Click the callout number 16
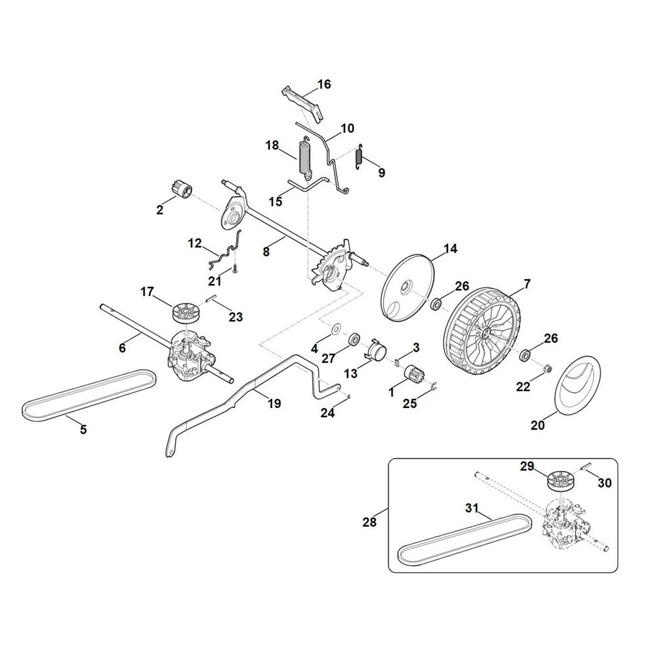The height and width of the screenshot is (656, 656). pyautogui.click(x=324, y=84)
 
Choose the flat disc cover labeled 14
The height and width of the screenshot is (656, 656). pyautogui.click(x=408, y=288)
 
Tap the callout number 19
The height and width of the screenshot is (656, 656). pyautogui.click(x=274, y=403)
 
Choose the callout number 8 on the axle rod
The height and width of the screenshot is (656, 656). pyautogui.click(x=266, y=253)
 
